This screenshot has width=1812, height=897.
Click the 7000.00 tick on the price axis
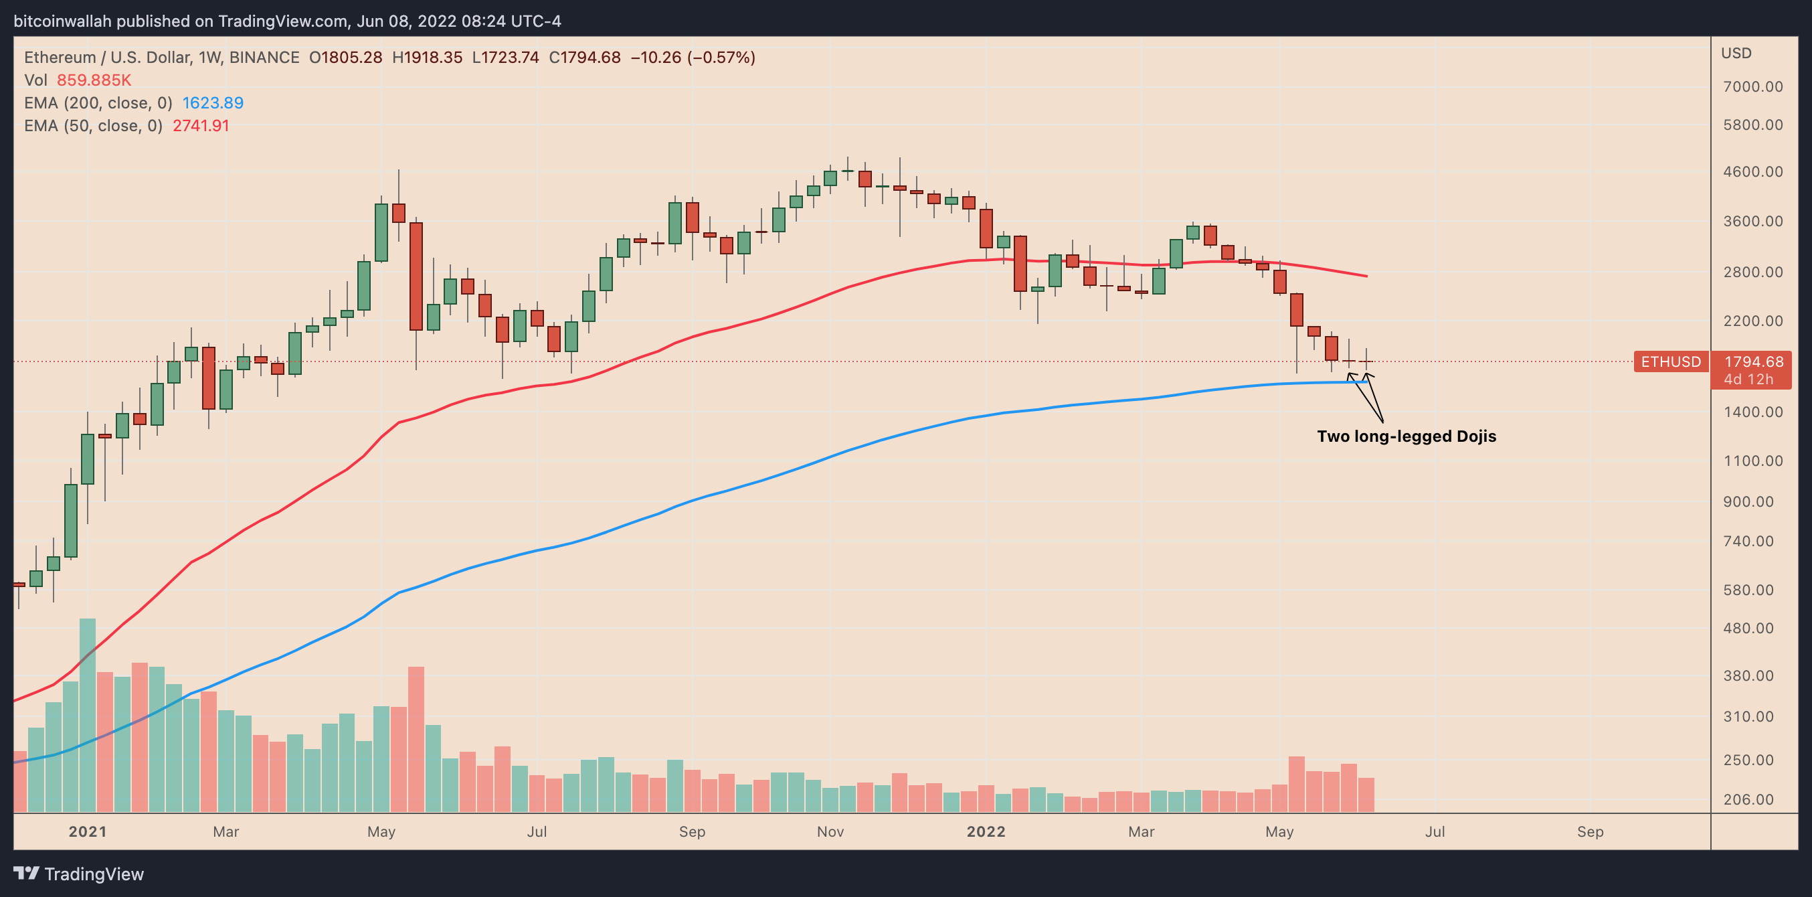(1753, 86)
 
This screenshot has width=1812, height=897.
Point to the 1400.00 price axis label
(1753, 412)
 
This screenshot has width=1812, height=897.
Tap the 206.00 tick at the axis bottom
(1753, 799)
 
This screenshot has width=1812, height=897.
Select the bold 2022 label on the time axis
(986, 831)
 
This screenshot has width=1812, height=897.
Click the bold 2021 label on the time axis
(87, 831)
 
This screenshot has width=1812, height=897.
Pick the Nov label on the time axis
(830, 831)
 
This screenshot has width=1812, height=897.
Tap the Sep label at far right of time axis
(1590, 831)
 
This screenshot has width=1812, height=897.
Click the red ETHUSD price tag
(1671, 361)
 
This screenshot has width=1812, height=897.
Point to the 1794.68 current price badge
(1753, 361)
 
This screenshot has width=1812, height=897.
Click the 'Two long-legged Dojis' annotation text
(1406, 436)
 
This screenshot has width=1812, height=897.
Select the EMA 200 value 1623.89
(212, 102)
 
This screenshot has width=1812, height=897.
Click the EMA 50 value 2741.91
(201, 126)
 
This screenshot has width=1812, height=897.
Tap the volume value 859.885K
(94, 80)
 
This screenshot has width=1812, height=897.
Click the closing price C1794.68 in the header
(585, 58)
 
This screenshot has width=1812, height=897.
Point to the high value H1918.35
(427, 58)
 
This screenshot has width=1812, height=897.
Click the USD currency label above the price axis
(1736, 53)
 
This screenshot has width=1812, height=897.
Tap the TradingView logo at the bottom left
(79, 874)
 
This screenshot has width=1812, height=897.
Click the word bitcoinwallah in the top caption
(63, 21)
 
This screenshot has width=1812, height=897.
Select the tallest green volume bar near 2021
(87, 714)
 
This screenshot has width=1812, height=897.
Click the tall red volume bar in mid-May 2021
(416, 739)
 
